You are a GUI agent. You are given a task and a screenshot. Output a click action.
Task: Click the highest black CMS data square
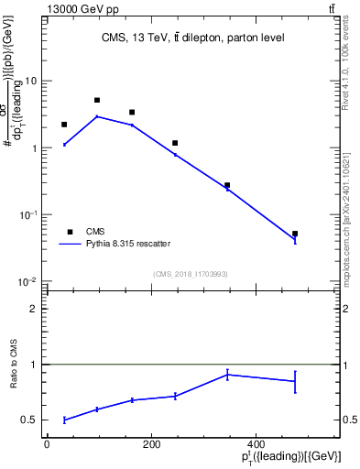coord(97,100)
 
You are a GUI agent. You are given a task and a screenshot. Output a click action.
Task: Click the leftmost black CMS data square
coord(64,125)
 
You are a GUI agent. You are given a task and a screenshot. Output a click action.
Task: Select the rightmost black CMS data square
coord(295,234)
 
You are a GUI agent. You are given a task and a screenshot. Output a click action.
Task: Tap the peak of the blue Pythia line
coord(97,116)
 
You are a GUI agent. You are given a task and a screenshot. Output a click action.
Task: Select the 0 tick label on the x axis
coord(47,444)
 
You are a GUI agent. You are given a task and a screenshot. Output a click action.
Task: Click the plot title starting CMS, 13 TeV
coord(192,38)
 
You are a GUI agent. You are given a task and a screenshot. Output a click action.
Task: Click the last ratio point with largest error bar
coord(295,381)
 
